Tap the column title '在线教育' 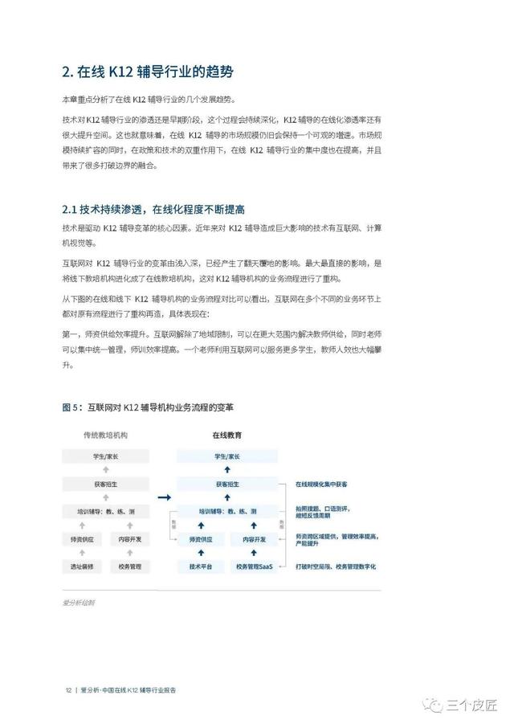point(227,435)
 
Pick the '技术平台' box point(200,566)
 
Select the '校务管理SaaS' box point(255,566)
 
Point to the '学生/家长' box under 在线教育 point(227,456)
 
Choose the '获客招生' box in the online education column point(227,485)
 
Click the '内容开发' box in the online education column point(255,539)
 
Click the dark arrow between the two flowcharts point(165,498)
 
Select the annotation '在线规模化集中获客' point(321,485)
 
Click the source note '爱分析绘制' point(78,602)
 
